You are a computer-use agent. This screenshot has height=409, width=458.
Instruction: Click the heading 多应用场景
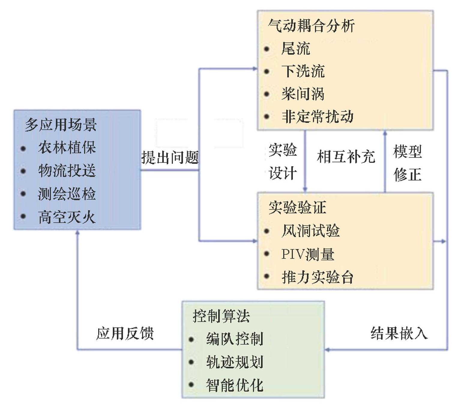pos(61,125)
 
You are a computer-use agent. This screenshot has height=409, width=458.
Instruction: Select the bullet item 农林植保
pos(67,148)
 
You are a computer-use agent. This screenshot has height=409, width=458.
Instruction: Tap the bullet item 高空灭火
pos(67,217)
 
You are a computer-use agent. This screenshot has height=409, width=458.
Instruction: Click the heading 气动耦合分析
pos(311,26)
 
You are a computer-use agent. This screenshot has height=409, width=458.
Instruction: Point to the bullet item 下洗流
pos(303,72)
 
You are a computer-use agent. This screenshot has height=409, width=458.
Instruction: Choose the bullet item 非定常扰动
pos(318,117)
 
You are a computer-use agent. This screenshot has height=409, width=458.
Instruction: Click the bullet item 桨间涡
pos(303,94)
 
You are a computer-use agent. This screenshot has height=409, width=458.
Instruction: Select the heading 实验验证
pos(297,208)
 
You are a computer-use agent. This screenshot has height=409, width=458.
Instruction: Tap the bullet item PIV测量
pos(308,254)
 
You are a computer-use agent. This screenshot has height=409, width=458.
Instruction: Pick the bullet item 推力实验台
pos(318,277)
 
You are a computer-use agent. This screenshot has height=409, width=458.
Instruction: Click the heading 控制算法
pos(221,316)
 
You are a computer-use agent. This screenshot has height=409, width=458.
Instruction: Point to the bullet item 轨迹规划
pos(235,362)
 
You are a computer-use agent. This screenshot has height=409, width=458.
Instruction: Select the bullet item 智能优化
pos(235,385)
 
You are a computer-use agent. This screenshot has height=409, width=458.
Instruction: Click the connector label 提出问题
pos(170,157)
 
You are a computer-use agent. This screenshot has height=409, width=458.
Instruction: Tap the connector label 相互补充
pos(346,157)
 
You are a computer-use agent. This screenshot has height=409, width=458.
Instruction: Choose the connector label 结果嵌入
pos(399,334)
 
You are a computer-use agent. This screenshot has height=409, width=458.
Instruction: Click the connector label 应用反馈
pos(125,334)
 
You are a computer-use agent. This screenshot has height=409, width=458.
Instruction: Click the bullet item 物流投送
pos(67,171)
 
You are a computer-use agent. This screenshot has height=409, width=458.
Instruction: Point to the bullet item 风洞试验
pos(310,231)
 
